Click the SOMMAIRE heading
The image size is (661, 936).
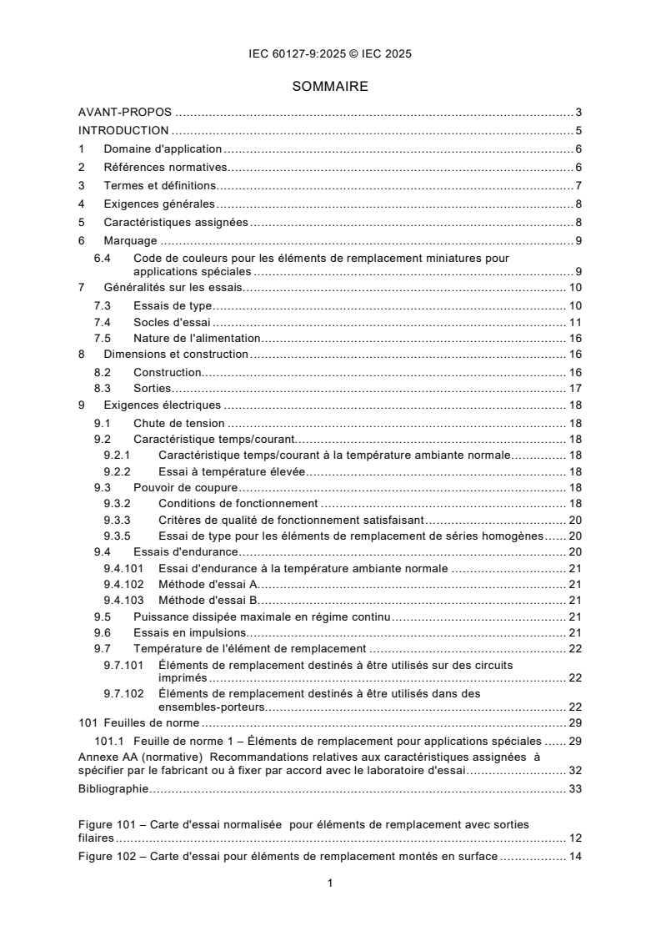coord(330,86)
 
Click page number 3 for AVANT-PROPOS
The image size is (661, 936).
coord(578,113)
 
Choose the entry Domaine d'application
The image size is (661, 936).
coord(163,149)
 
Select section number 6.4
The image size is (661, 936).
coord(103,258)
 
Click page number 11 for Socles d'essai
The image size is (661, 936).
coord(575,322)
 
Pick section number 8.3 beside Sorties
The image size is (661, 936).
coord(103,388)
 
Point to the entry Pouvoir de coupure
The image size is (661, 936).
coord(186,487)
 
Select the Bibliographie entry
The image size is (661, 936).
coord(113,788)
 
